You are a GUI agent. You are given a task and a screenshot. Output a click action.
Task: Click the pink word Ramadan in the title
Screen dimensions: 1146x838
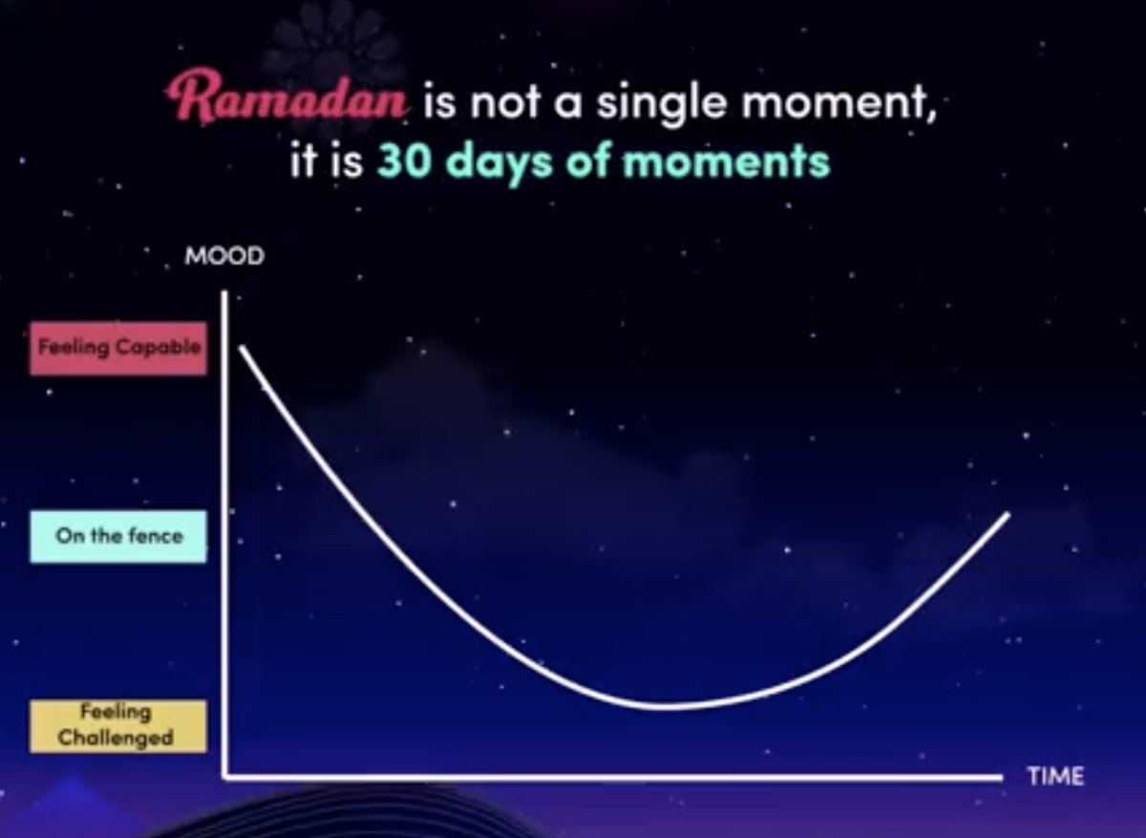[287, 97]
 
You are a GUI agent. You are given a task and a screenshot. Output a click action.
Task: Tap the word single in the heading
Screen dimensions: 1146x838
[662, 102]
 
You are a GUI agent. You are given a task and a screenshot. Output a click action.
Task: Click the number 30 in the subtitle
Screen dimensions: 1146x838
[404, 161]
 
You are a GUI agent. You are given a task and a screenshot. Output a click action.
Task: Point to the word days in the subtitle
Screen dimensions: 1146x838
[499, 162]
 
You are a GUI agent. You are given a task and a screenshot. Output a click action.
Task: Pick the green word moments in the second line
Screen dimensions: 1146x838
[726, 161]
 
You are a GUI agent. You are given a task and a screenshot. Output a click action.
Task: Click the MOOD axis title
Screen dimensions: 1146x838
[224, 256]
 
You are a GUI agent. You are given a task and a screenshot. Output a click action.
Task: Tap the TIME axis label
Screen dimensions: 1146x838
[1056, 776]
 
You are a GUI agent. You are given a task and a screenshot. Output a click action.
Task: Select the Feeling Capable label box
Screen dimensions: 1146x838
[118, 348]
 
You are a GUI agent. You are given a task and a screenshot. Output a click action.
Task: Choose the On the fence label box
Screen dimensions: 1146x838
[118, 536]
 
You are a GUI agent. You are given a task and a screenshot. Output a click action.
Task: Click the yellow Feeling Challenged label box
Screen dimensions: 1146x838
[118, 726]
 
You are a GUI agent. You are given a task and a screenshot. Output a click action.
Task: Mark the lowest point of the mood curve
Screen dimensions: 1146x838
[665, 707]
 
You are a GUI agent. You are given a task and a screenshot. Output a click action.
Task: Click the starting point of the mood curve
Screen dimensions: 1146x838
[242, 348]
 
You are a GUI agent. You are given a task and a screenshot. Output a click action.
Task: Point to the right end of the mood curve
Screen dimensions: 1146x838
[1008, 514]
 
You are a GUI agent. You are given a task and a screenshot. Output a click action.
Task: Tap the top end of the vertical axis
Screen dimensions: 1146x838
[224, 292]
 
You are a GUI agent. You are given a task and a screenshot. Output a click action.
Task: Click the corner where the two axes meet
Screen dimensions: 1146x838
[224, 777]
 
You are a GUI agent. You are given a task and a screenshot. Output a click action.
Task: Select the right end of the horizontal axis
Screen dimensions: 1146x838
[1002, 778]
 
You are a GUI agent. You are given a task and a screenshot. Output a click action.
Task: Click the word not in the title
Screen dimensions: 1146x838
[505, 103]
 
